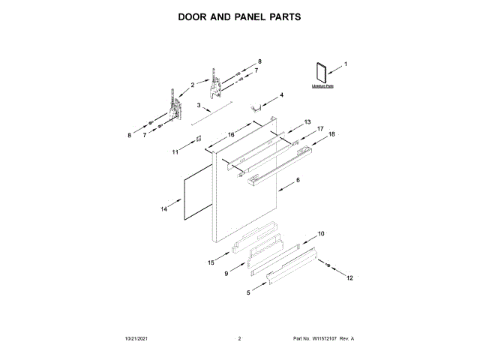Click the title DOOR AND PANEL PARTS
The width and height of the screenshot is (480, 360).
(x=239, y=16)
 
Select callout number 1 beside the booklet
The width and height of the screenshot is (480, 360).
(x=346, y=64)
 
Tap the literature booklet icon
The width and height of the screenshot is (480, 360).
(x=320, y=73)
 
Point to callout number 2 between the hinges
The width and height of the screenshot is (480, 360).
(x=192, y=85)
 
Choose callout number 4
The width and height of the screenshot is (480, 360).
(x=281, y=95)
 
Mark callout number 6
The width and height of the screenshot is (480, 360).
(x=298, y=181)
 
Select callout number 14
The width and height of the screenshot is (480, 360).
(x=163, y=210)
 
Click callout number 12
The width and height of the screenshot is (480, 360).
(x=348, y=278)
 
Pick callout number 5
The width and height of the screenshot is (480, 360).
(x=248, y=292)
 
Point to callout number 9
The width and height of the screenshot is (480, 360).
(x=226, y=274)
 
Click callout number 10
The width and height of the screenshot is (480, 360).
(x=321, y=234)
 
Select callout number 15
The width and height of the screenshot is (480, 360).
(x=211, y=262)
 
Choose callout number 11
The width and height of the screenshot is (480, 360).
(x=175, y=151)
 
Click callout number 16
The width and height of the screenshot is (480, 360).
(x=231, y=134)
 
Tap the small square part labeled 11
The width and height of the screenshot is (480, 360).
(x=198, y=139)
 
